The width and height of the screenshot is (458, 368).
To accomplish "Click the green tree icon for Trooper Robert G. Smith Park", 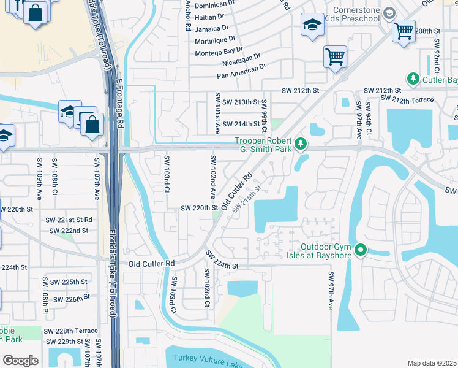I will (300, 144).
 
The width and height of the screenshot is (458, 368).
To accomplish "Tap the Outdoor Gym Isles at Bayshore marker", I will (361, 250).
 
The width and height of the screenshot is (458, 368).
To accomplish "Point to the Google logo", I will (20, 361).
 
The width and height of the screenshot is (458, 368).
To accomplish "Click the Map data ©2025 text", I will (432, 363).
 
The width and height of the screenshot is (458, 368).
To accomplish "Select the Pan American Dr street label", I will (242, 70).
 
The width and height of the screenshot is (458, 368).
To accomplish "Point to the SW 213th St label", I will (242, 101).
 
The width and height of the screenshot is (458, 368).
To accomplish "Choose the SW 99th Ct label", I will (265, 116).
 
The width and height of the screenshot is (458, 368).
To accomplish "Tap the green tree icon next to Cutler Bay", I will (413, 80).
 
